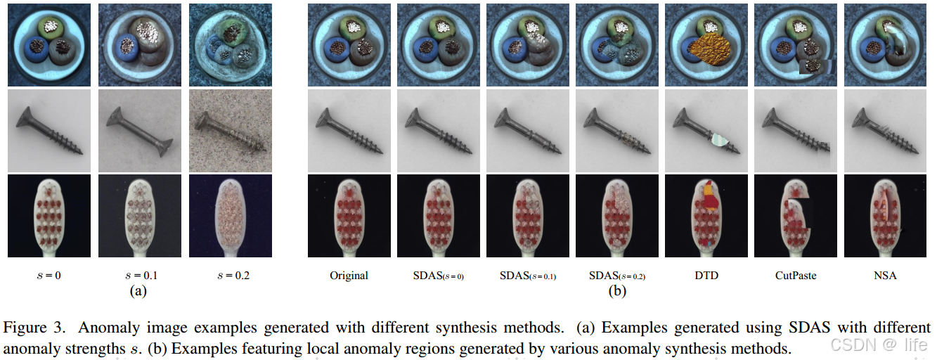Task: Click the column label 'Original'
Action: pos(349,276)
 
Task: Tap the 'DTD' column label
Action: pos(706,276)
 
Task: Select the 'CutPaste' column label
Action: pos(796,276)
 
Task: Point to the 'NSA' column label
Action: pos(885,276)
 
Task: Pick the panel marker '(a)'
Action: pos(138,290)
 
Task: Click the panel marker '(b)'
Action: pos(616,290)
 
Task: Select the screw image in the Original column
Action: pos(349,130)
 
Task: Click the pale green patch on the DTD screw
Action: pos(719,141)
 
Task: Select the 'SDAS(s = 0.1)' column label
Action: pos(527,276)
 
